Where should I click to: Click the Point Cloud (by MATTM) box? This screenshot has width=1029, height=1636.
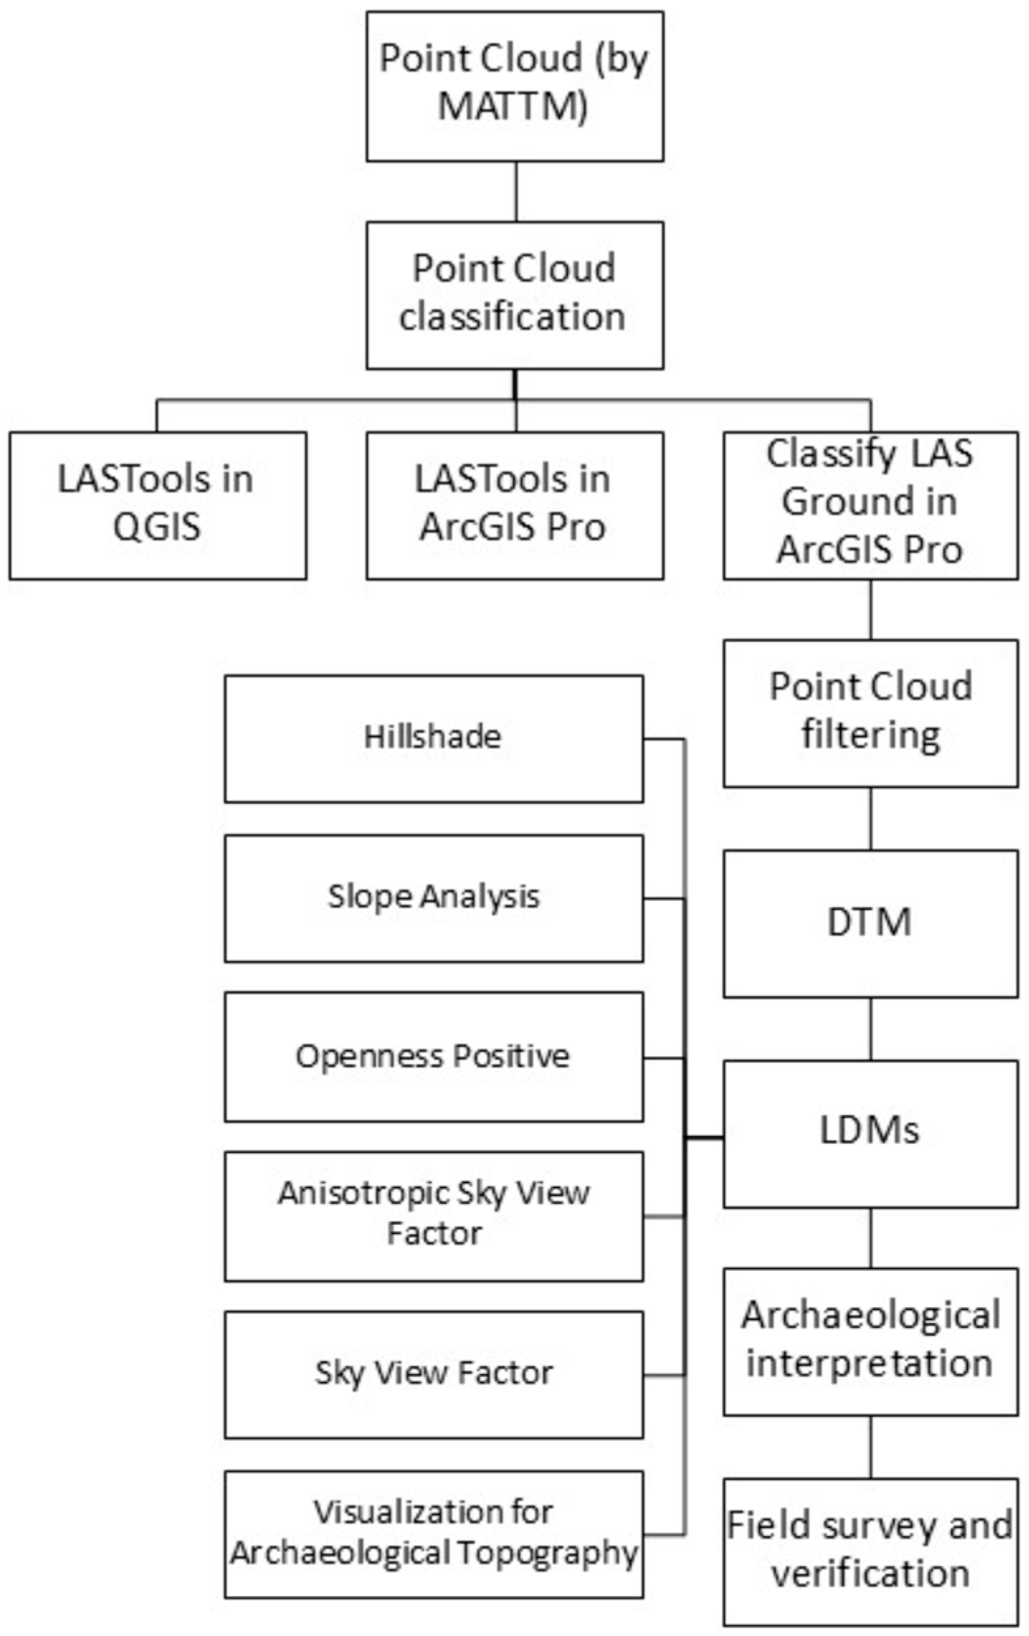514,86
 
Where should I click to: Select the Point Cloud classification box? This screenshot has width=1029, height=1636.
514,295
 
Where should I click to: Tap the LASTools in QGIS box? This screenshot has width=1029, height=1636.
158,505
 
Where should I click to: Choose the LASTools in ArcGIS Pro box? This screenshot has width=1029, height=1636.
514,505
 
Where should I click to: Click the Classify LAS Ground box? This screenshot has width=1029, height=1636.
870,505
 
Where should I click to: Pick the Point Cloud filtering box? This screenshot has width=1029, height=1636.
870,713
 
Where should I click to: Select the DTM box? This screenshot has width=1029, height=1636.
870,924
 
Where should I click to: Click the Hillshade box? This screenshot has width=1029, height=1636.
433,739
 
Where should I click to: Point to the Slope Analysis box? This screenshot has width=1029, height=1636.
433,898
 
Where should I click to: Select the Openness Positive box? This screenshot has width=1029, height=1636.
433,1057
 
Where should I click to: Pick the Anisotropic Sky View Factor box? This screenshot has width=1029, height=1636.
433,1216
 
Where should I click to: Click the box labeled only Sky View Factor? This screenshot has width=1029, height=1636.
433,1375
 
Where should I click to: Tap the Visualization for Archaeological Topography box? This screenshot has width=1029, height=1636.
433,1534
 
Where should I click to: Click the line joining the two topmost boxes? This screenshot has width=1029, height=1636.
515,191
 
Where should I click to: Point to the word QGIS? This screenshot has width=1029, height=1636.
157,526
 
